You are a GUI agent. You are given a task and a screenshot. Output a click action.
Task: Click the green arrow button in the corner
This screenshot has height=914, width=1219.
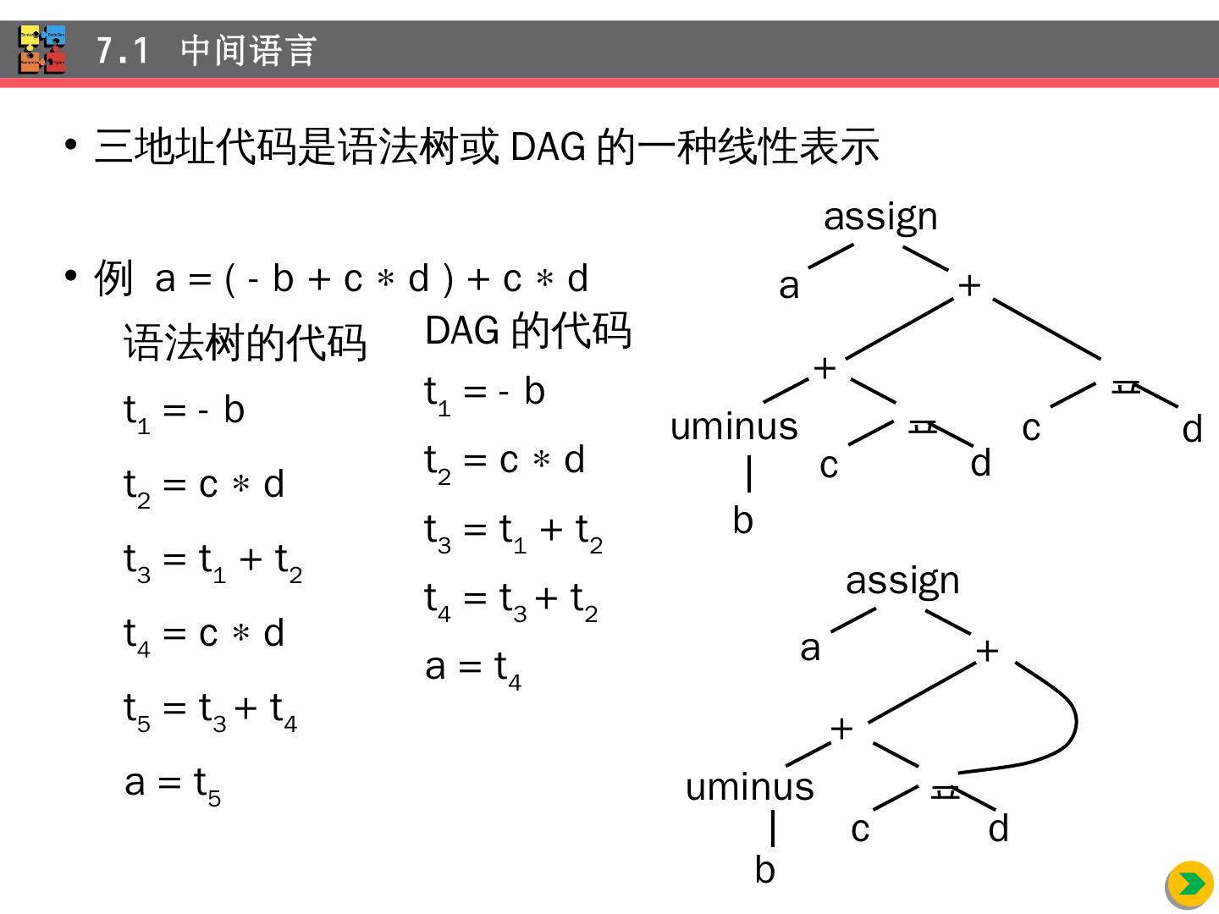pyautogui.click(x=1189, y=884)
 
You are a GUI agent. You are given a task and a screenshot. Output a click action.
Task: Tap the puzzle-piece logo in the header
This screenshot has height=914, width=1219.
pyautogui.click(x=42, y=50)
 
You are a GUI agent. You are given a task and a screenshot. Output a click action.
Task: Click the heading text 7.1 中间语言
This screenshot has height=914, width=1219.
pyautogui.click(x=207, y=51)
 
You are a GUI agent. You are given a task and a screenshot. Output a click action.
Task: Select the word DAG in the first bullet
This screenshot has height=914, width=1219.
pyautogui.click(x=548, y=147)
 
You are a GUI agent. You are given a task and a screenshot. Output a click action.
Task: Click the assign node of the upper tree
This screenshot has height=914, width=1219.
pyautogui.click(x=880, y=217)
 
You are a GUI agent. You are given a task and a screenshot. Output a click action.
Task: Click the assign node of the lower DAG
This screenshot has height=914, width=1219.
pyautogui.click(x=902, y=581)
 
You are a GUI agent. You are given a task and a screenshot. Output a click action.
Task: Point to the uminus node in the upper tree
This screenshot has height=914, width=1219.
pyautogui.click(x=734, y=427)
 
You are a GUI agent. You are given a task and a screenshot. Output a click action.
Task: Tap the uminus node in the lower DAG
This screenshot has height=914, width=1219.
pyautogui.click(x=749, y=787)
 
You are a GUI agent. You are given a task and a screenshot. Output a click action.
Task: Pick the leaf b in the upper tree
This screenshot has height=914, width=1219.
pyautogui.click(x=742, y=520)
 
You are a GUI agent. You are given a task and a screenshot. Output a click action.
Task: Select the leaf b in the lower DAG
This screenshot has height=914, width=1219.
pyautogui.click(x=764, y=870)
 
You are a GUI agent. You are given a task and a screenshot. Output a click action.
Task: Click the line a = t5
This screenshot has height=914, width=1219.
pyautogui.click(x=173, y=783)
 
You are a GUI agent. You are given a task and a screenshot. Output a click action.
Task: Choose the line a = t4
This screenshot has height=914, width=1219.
pyautogui.click(x=473, y=668)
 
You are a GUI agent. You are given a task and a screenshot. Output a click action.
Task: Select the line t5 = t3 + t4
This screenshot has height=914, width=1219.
pyautogui.click(x=211, y=709)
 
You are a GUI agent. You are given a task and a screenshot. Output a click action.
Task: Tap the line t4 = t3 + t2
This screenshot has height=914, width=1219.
pyautogui.click(x=511, y=599)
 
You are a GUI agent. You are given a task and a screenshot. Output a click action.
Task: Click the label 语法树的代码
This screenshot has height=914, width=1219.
pyautogui.click(x=245, y=343)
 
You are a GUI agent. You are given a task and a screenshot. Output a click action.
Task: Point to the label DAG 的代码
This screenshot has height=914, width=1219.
pyautogui.click(x=528, y=330)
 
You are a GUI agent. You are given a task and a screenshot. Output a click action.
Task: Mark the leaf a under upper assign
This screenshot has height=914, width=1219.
pyautogui.click(x=789, y=286)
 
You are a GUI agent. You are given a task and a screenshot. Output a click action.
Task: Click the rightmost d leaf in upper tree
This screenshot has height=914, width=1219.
pyautogui.click(x=1192, y=430)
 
